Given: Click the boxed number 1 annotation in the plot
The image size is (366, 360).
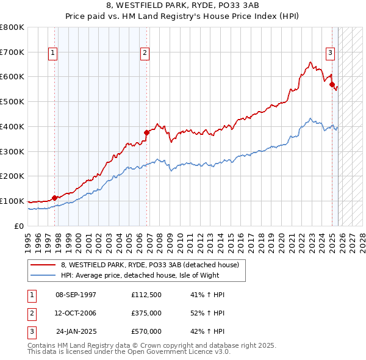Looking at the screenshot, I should tap(54, 53).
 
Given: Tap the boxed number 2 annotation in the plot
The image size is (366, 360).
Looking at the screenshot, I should tap(145, 53).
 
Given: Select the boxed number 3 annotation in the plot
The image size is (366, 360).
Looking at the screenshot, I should tap(330, 53).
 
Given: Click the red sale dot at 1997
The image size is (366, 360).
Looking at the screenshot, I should tap(54, 198).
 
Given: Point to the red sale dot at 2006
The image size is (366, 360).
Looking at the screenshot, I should tap(146, 132).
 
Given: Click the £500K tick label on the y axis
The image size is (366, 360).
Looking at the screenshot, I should tap(12, 102).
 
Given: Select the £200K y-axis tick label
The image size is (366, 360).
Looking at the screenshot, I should tap(12, 176).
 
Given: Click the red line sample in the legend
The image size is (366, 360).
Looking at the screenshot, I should tap(43, 265).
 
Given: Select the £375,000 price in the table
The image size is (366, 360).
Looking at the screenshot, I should tap(146, 313).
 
